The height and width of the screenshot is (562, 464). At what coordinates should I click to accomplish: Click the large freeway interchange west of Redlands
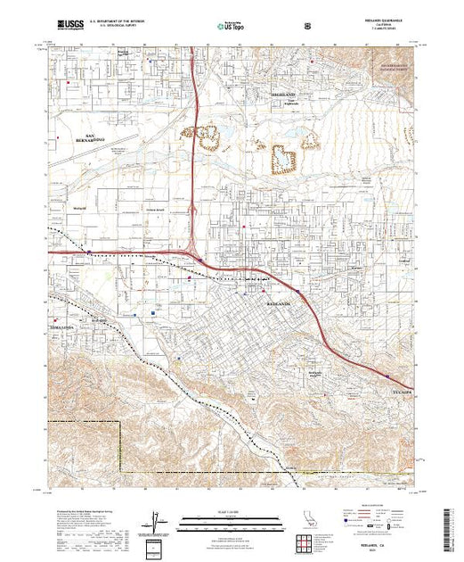coord(194,252)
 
